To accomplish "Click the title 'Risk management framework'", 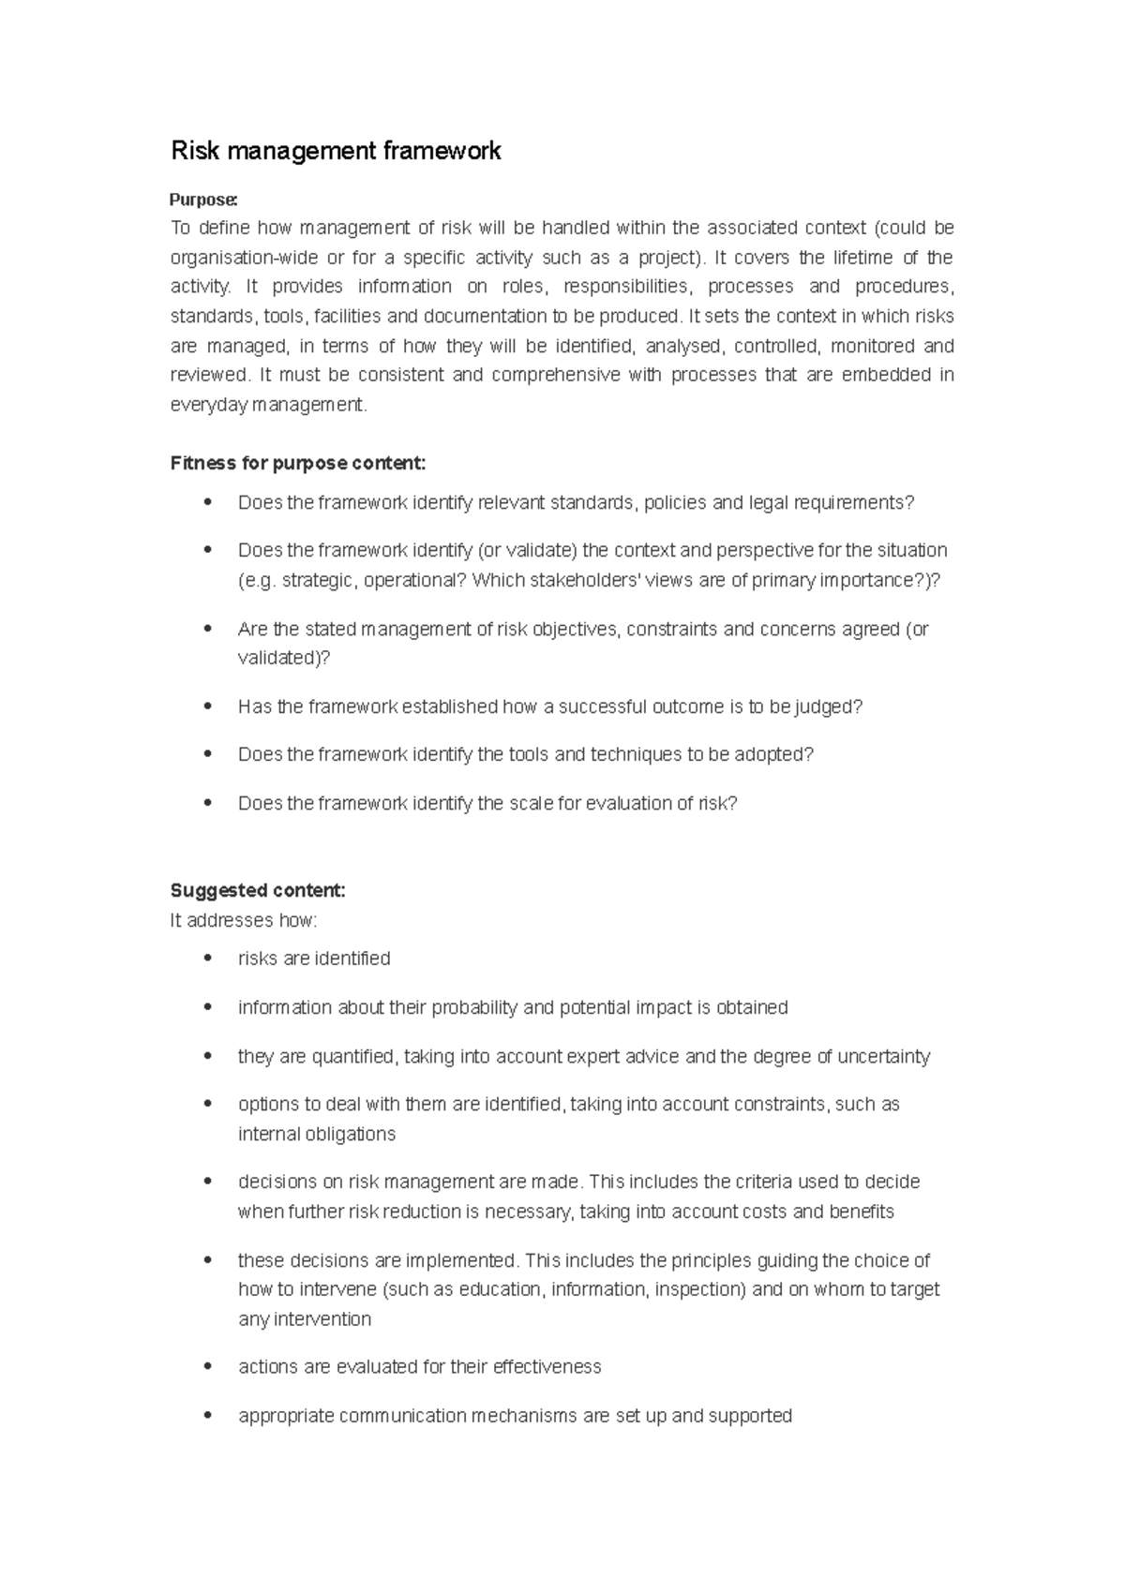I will [336, 151].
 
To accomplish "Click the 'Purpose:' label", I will [203, 200].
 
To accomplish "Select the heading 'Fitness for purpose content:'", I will [298, 463].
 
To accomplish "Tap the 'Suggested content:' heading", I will [258, 890].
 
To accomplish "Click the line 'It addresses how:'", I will [244, 920].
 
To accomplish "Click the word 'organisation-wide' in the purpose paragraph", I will [234, 258].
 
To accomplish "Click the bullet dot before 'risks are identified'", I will [208, 958].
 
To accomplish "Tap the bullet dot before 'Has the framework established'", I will [208, 706].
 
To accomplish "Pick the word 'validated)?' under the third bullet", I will [284, 658].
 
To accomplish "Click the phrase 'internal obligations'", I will [317, 1134].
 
